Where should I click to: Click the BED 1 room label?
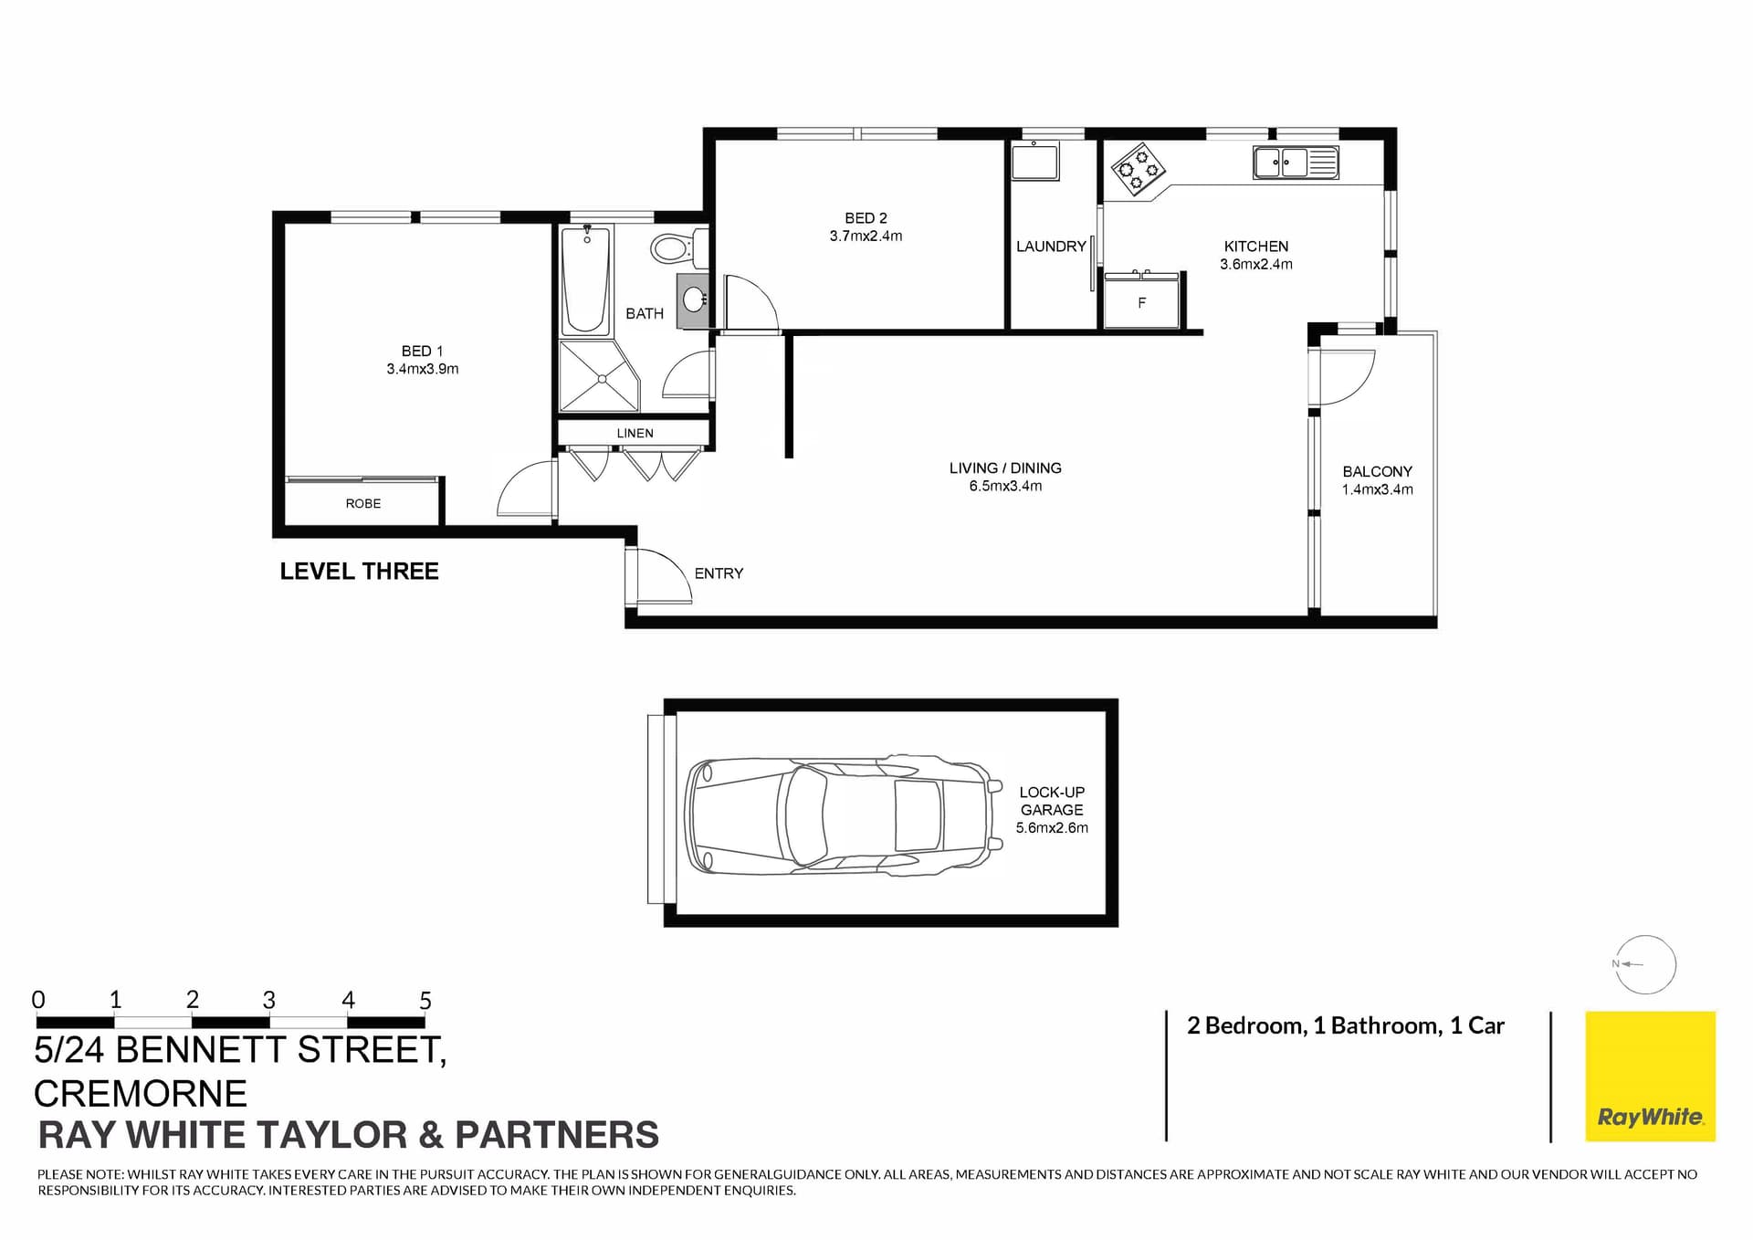coord(422,351)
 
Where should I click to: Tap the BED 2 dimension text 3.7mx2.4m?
coord(866,236)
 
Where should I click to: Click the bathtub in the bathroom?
coord(585,280)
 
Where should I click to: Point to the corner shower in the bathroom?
coord(597,376)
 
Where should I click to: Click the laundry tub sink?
coord(1034,162)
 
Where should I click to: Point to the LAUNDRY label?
coord(1051,247)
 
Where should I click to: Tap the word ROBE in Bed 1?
coord(362,503)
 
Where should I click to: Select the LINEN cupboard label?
coord(635,433)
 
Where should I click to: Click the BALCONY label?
coord(1377,471)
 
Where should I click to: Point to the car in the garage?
coord(840,814)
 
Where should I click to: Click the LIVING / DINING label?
coord(1004,468)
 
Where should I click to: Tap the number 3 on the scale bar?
coord(268,1000)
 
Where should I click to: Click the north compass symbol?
coord(1644,964)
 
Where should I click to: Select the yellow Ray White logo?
coord(1650,1076)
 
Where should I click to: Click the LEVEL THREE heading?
coord(359,572)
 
